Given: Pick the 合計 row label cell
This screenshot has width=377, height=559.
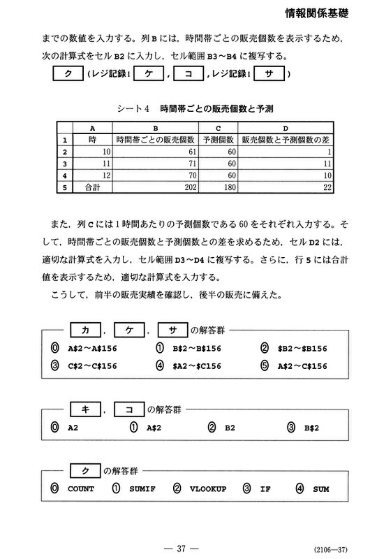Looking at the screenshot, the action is [x=93, y=187].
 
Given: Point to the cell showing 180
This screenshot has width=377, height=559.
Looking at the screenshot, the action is [x=219, y=187].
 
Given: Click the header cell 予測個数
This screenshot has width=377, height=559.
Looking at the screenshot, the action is [x=219, y=139].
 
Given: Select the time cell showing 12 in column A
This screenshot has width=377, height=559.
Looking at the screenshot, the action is [x=93, y=175].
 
